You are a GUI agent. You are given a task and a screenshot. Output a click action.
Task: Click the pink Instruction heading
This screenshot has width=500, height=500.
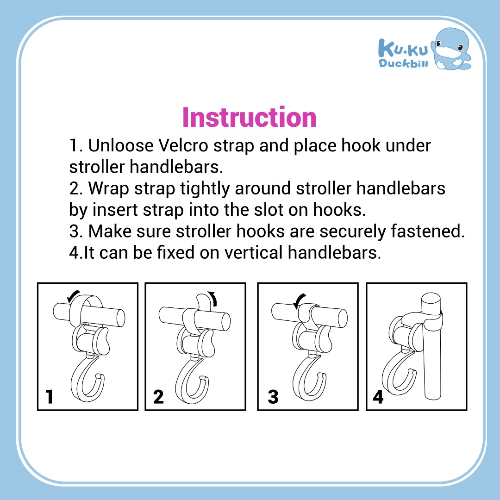250,117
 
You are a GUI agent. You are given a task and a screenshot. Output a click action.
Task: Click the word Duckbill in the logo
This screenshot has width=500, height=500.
403,63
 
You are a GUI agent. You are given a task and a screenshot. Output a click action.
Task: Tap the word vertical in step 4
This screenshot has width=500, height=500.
254,253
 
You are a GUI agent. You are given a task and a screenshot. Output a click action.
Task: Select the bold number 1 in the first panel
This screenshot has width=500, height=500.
49,397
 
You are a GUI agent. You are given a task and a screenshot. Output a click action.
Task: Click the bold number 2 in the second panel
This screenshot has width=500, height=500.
158,397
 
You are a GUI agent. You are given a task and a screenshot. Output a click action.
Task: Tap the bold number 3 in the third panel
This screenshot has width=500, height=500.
273,397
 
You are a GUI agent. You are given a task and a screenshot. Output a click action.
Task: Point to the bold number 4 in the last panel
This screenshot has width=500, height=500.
378,397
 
